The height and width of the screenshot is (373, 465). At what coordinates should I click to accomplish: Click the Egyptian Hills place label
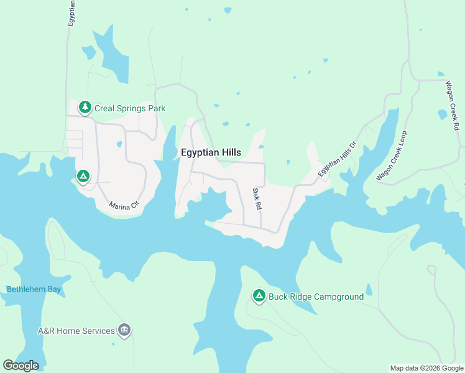click(x=211, y=152)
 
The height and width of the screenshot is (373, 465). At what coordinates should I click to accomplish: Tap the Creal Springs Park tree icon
click(x=85, y=108)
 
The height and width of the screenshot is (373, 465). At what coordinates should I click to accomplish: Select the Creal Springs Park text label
click(x=130, y=108)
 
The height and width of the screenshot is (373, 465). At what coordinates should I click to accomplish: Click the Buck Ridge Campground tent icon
click(x=259, y=297)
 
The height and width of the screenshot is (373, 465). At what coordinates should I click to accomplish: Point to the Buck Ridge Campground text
click(x=316, y=297)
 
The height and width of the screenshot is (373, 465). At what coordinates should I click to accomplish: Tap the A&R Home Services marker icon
click(x=124, y=331)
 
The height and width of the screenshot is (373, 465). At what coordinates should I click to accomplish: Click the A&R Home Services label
click(x=76, y=331)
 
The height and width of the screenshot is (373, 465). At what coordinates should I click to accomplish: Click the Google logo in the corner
click(x=21, y=366)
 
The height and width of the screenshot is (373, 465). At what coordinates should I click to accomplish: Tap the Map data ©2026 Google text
click(x=426, y=367)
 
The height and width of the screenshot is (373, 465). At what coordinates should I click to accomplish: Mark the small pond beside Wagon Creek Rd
click(x=442, y=114)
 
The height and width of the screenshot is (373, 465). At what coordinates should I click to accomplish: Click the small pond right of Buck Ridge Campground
click(x=369, y=289)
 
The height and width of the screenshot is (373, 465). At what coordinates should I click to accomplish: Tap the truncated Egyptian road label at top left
click(x=71, y=12)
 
